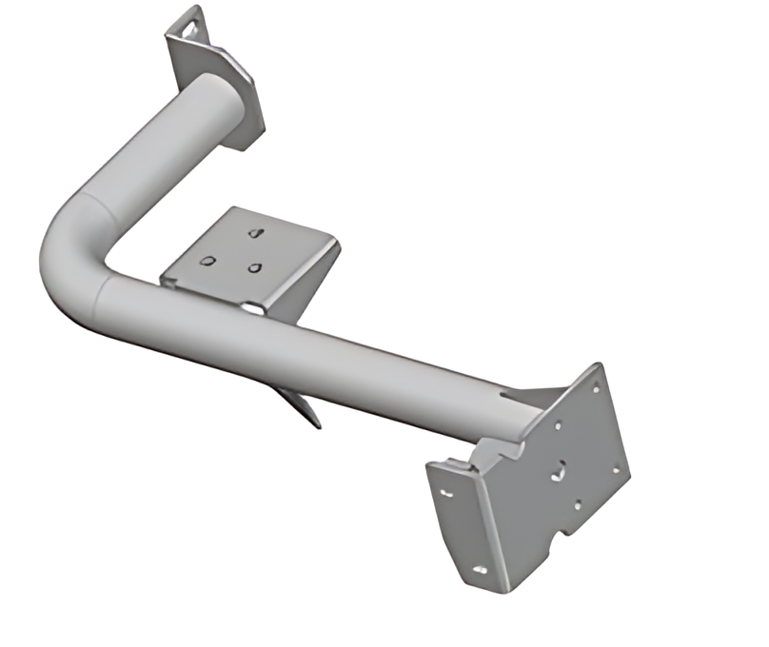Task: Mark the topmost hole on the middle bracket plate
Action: [x=254, y=231]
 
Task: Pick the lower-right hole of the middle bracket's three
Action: [x=254, y=267]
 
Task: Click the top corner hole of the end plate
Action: [x=596, y=387]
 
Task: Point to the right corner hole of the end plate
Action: [x=616, y=469]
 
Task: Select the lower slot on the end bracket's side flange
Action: [x=481, y=570]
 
